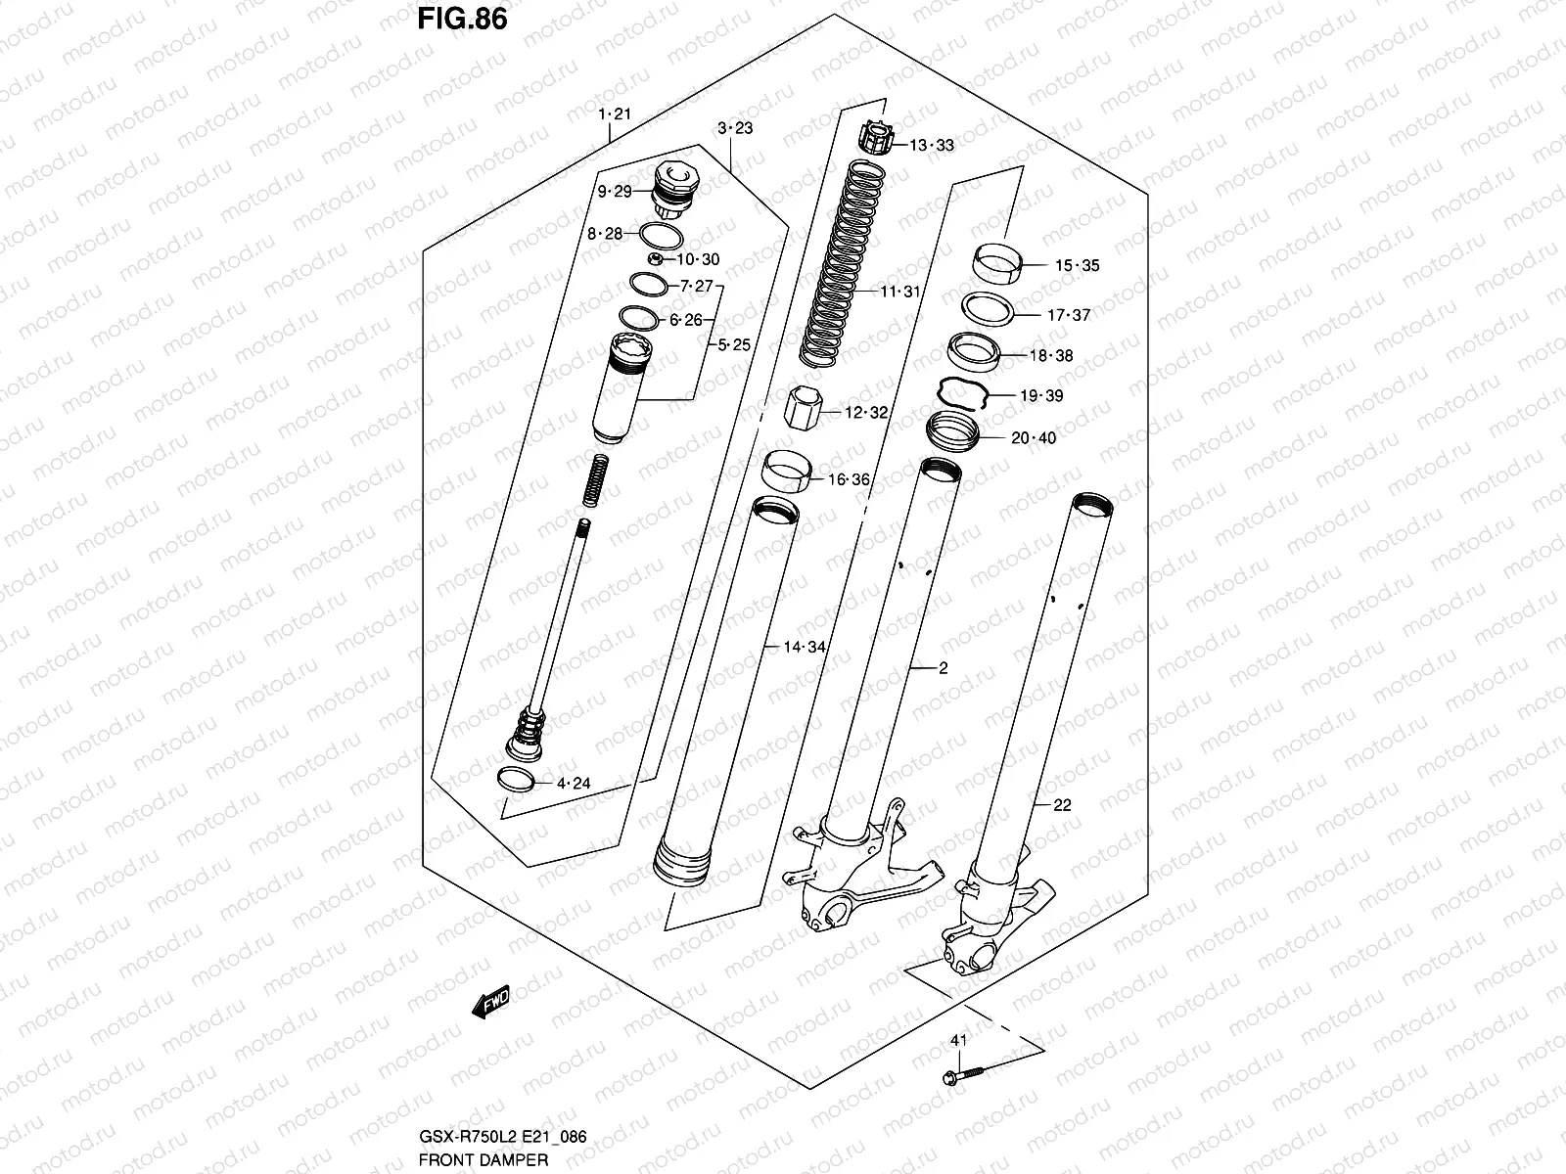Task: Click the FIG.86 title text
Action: tap(462, 19)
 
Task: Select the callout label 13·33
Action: tap(931, 146)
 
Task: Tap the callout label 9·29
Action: tap(615, 192)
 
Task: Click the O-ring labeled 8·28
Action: tap(661, 235)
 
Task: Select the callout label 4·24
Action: tap(573, 783)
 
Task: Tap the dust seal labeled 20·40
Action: tap(952, 431)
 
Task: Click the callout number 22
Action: tap(1062, 805)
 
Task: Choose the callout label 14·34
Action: tap(804, 647)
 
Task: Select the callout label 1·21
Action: tap(615, 114)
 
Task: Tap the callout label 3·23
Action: tap(734, 128)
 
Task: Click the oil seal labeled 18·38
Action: tap(973, 351)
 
